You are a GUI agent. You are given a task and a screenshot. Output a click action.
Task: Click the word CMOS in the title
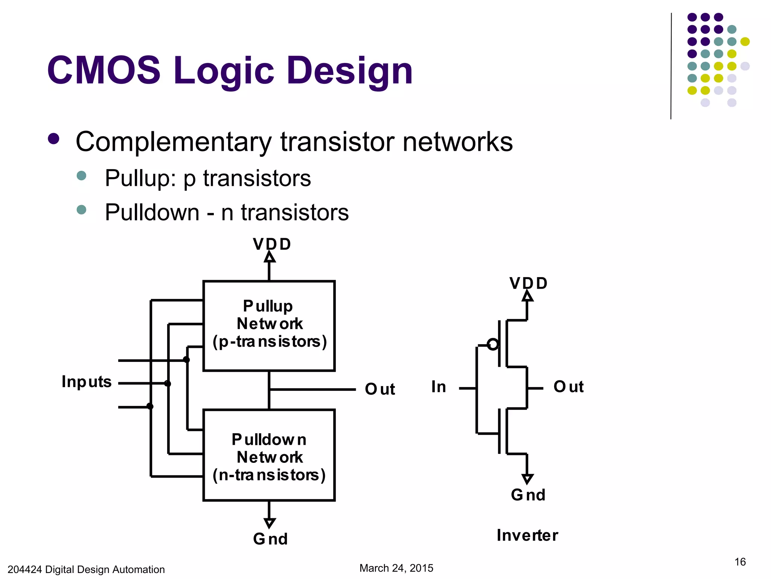coord(104,70)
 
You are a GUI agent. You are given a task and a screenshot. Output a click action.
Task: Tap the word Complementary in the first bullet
coord(173,142)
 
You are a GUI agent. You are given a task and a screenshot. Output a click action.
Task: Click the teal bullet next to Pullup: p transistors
coord(81,176)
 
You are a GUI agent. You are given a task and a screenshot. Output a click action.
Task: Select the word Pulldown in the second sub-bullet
coord(152,212)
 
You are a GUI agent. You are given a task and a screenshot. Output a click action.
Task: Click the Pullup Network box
coord(269,326)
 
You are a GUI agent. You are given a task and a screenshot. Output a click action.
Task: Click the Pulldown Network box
coord(269,455)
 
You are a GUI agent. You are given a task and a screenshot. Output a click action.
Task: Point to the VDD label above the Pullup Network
coord(272,244)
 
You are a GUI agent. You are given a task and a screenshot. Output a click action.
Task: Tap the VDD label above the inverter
coord(528,283)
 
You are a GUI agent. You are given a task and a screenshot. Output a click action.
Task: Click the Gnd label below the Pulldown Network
coord(270,539)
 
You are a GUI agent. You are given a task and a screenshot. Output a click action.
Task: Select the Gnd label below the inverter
coord(528,495)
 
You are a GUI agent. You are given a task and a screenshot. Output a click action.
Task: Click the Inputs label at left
coord(87,382)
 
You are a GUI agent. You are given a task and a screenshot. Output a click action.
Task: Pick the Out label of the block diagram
coord(380,389)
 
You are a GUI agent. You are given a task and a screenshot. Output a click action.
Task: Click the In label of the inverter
coord(439,387)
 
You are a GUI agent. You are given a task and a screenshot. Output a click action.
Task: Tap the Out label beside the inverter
coord(568,387)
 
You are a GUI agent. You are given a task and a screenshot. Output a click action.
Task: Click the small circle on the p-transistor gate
coord(493,344)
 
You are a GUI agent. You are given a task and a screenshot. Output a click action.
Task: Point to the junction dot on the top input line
coord(186,360)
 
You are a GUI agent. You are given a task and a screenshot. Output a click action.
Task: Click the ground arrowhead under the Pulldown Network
coord(269,523)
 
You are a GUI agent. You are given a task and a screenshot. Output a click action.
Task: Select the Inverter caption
coord(527,535)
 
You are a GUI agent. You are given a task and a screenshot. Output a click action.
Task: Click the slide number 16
coord(740,562)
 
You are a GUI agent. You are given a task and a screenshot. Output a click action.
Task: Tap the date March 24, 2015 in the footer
coord(396,568)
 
